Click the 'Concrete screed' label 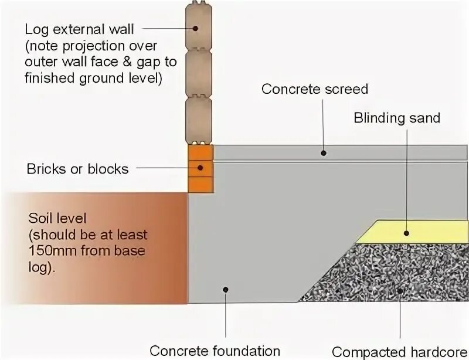[314, 89]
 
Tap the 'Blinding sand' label [396, 118]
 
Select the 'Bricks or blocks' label [77, 169]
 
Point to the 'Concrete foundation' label [215, 351]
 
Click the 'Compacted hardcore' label [399, 352]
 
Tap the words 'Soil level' [57, 219]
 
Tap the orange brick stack [200, 168]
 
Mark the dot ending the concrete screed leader [323, 153]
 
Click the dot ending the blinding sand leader [406, 233]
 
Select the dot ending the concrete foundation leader [225, 288]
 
